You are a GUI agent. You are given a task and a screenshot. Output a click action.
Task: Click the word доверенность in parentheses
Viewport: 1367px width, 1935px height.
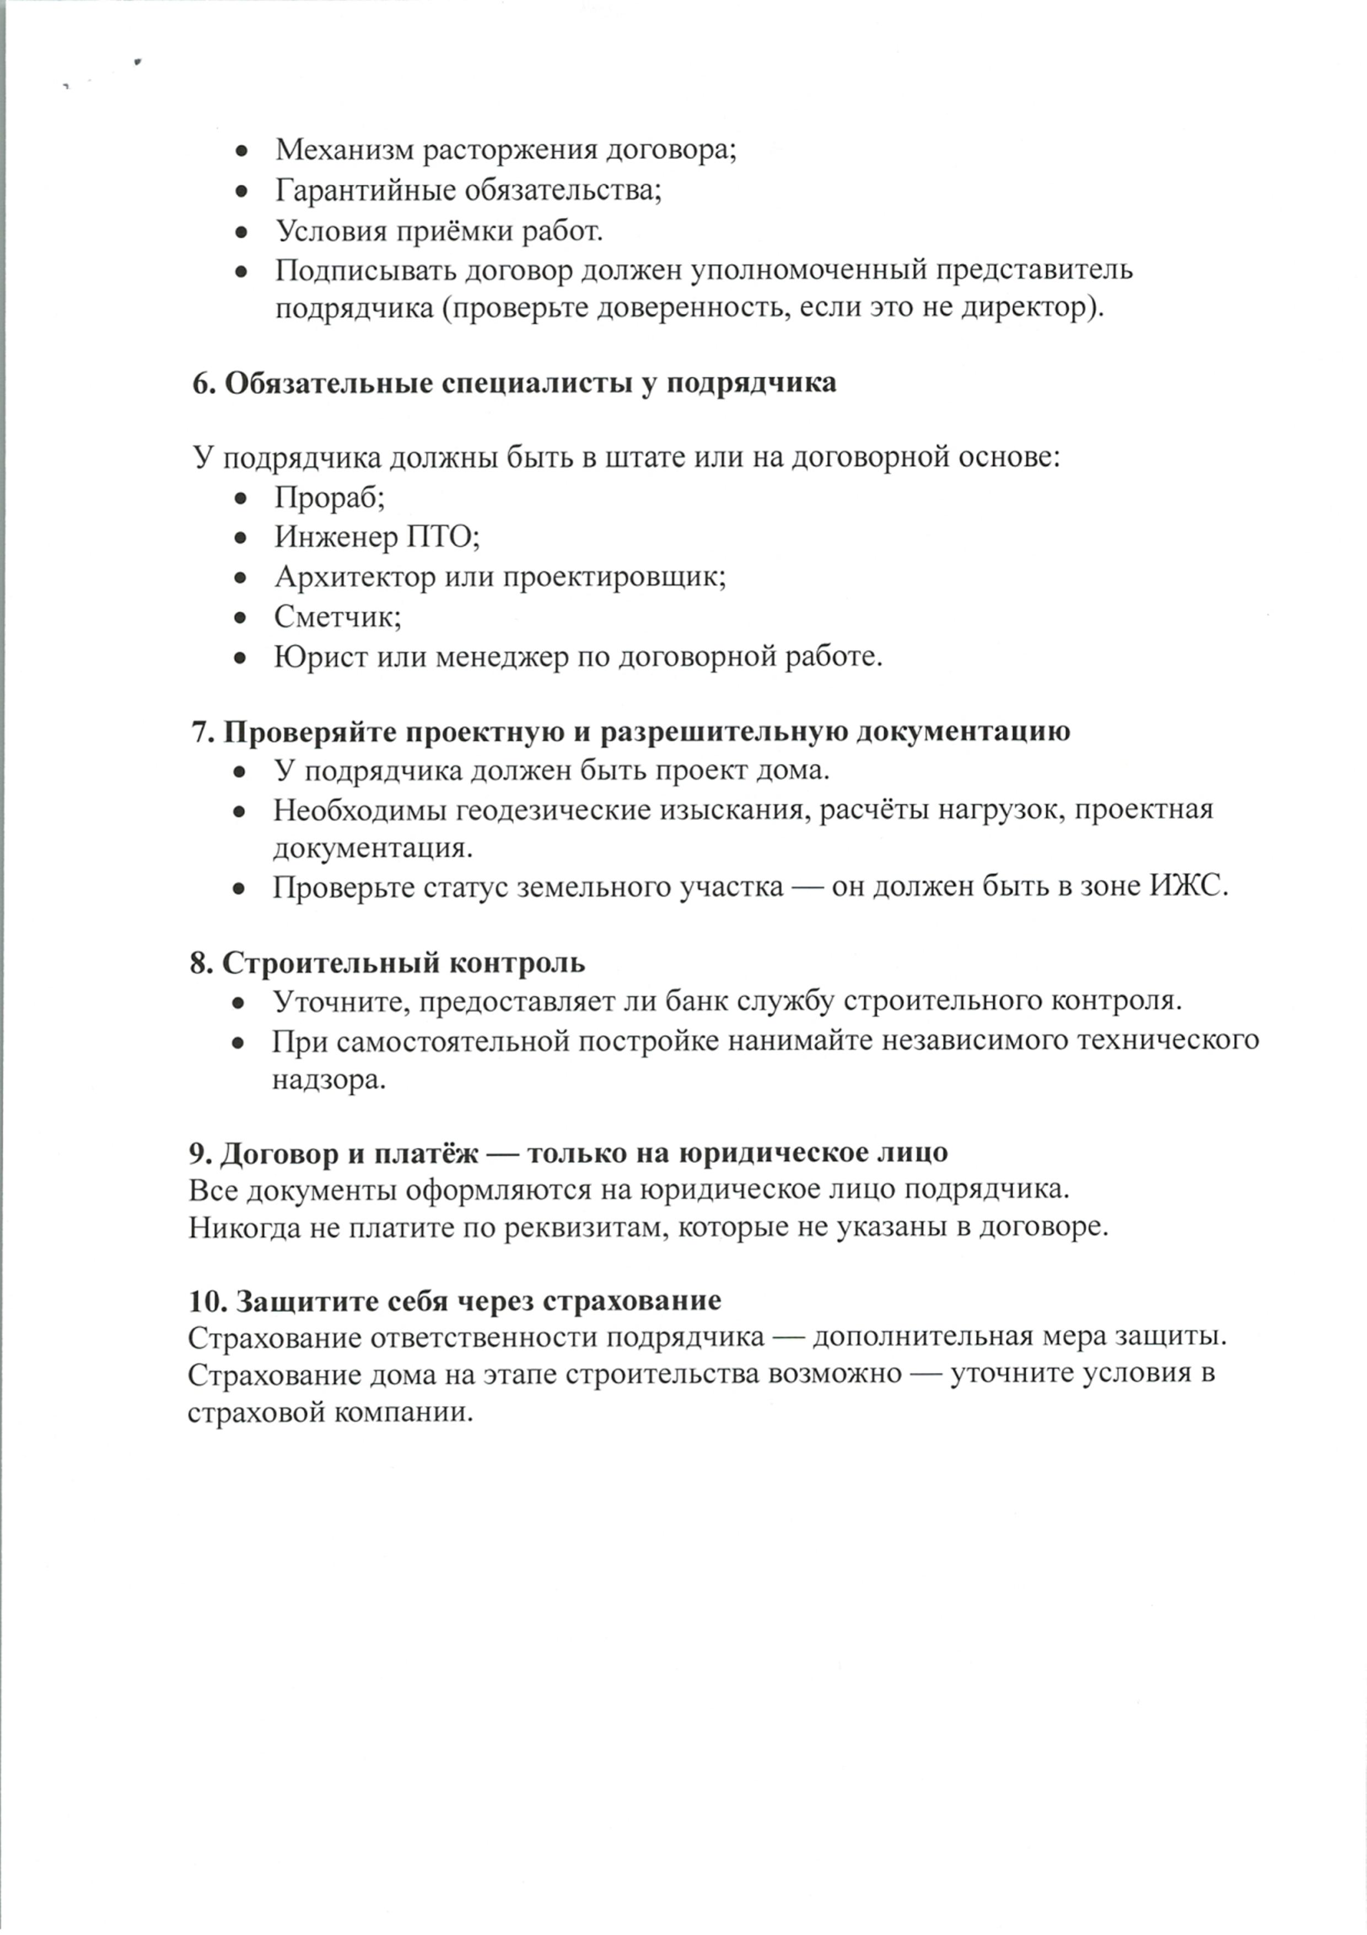point(693,308)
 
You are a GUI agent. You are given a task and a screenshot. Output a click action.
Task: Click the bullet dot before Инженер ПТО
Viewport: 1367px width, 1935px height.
point(241,538)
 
